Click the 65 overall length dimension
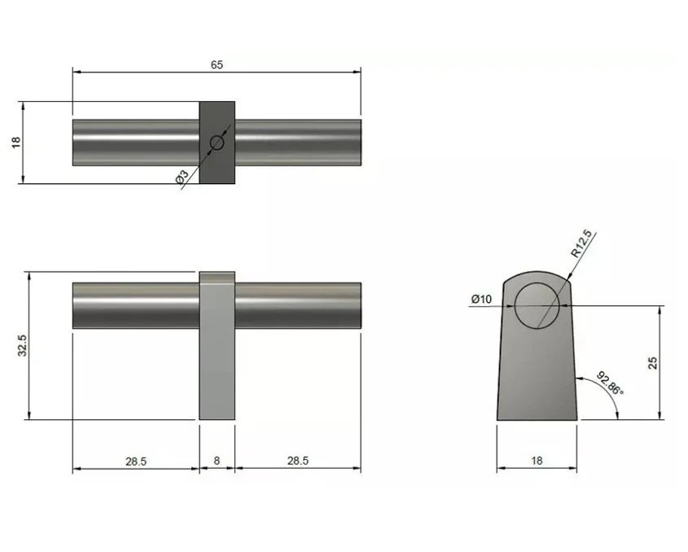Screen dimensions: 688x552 click(217, 64)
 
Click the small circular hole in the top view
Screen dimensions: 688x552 click(217, 142)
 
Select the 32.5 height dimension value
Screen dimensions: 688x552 click(23, 345)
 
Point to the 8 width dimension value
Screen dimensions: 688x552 click(217, 461)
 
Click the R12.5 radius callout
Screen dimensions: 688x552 click(581, 243)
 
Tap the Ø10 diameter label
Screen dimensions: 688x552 click(481, 300)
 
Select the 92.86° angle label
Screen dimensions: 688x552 click(610, 383)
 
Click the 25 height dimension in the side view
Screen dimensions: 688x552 click(653, 363)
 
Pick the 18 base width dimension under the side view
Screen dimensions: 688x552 click(537, 461)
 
